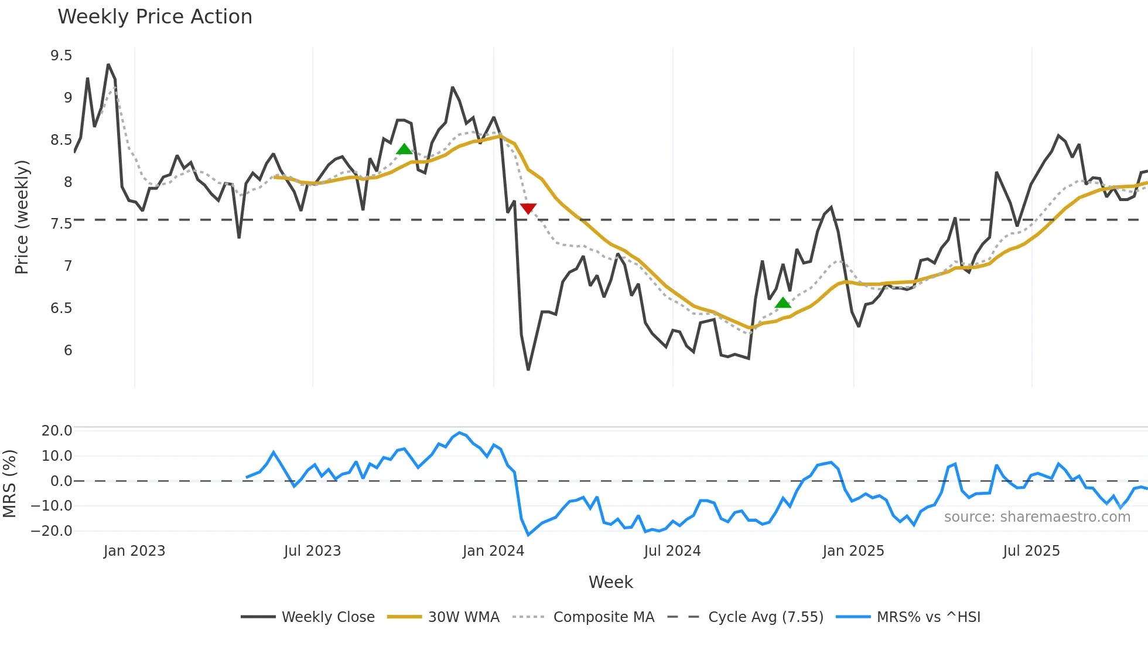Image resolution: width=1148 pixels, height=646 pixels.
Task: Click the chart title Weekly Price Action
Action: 155,17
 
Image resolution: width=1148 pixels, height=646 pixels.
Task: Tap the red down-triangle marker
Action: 528,209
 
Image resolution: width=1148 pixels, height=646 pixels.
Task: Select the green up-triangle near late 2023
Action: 404,149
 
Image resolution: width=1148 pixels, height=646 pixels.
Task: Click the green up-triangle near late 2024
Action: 783,302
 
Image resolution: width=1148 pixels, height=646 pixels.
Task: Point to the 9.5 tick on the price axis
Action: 61,56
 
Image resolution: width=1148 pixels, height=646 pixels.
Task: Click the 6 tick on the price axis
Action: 68,351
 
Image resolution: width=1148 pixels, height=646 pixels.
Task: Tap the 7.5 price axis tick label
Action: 61,224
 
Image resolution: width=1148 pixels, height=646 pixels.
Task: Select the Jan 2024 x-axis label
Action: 493,551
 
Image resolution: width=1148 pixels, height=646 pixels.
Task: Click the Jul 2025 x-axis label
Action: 1031,551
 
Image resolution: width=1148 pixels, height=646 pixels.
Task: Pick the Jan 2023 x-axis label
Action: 134,551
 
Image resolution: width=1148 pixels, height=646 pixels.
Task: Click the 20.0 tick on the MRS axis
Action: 56,431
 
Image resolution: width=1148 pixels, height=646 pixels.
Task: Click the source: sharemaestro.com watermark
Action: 1037,517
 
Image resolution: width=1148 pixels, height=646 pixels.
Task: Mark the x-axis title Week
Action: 610,582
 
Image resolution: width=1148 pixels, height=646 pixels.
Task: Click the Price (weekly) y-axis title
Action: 22,217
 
